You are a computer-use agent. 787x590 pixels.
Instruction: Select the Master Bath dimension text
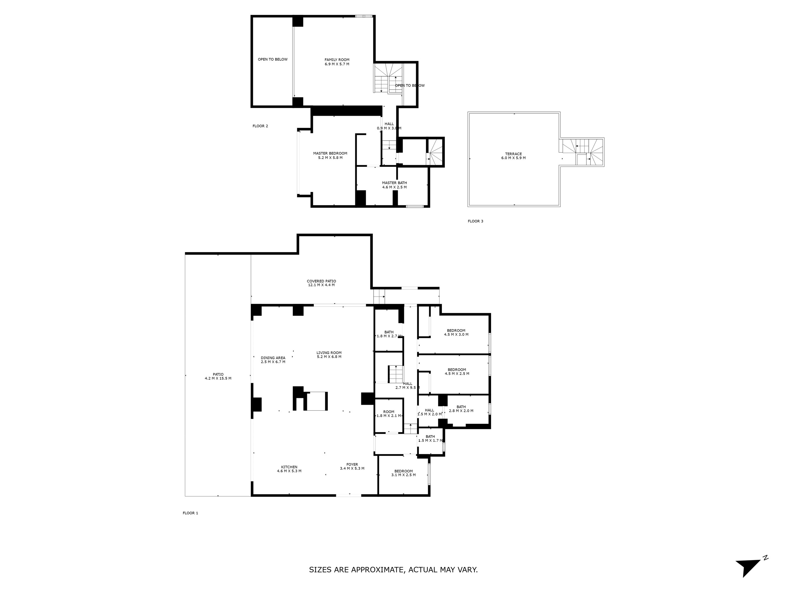(394, 187)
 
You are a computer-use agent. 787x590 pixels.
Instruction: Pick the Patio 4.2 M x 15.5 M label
(218, 376)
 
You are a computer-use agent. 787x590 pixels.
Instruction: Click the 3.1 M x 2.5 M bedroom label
(404, 473)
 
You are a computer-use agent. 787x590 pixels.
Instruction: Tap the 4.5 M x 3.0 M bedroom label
(456, 333)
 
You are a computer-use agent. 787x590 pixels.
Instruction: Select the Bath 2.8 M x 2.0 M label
(461, 409)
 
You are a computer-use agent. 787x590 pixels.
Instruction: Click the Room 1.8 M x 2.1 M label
(389, 413)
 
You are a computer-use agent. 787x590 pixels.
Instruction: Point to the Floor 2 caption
(260, 126)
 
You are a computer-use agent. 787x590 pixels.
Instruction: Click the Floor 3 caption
(476, 221)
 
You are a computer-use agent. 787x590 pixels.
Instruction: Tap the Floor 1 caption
(190, 513)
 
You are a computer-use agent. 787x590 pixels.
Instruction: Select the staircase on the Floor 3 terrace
(581, 152)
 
